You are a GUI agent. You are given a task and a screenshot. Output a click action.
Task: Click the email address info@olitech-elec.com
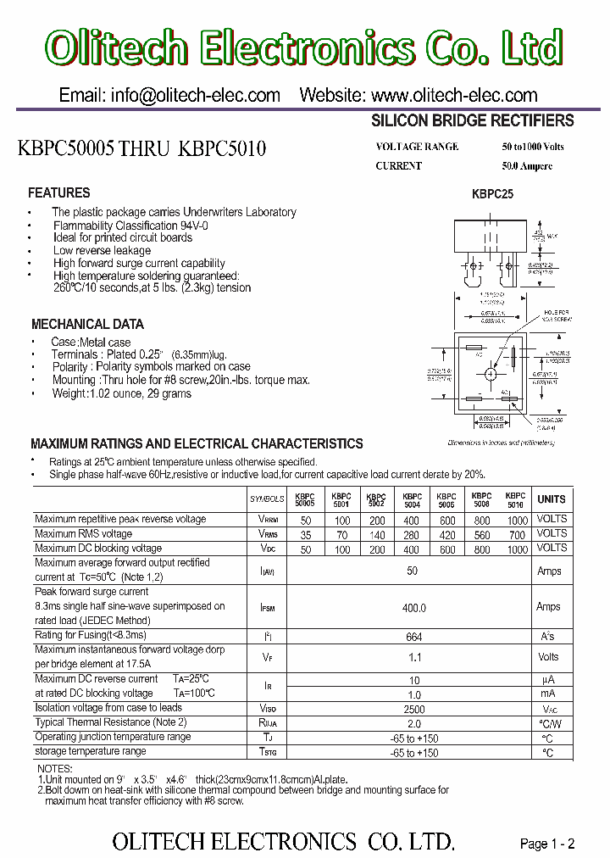(x=169, y=95)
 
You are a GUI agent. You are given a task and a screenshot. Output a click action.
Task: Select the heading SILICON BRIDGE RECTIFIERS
(x=473, y=121)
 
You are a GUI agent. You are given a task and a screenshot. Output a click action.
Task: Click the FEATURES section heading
(x=59, y=193)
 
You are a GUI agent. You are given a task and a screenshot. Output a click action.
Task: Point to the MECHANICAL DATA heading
(x=87, y=324)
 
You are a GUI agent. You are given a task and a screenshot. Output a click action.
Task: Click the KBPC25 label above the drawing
(x=492, y=194)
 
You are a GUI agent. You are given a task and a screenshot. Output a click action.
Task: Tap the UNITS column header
(x=551, y=499)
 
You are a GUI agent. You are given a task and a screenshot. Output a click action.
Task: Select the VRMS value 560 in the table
(x=481, y=534)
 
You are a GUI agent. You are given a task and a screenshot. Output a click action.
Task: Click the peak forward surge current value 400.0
(x=412, y=608)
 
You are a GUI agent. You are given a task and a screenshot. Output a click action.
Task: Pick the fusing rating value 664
(x=412, y=637)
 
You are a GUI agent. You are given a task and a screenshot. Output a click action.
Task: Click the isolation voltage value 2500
(x=412, y=708)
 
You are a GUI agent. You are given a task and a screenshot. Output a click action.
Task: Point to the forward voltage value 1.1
(x=412, y=657)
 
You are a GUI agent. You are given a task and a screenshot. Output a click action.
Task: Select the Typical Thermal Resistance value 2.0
(x=412, y=723)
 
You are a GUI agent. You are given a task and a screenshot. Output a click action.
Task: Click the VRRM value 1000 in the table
(x=516, y=519)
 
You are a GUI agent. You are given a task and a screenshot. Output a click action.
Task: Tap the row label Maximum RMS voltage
(x=83, y=534)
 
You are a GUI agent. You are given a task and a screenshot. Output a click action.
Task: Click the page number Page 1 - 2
(x=547, y=843)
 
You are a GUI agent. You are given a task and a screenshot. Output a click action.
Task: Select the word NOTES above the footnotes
(x=55, y=768)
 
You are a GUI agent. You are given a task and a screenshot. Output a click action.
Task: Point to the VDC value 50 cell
(x=305, y=549)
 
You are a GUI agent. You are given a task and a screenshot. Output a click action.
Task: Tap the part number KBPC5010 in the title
(x=223, y=149)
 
